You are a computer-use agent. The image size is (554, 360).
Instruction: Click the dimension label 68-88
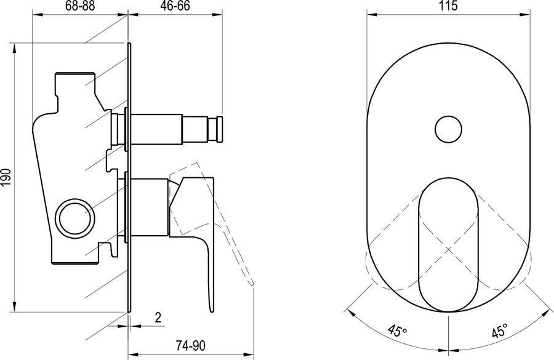pos(80,6)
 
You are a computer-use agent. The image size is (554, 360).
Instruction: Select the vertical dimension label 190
pos(7,177)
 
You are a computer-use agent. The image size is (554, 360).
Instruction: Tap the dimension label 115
pos(449,6)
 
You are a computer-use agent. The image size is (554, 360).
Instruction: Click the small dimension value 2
pos(158,318)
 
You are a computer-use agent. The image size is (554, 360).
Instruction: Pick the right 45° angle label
pos(499,330)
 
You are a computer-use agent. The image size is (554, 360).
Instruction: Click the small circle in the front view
pos(448,129)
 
